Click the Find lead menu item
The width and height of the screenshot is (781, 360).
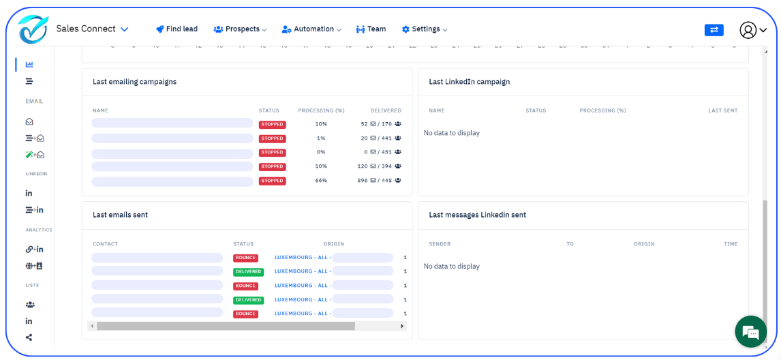point(177,29)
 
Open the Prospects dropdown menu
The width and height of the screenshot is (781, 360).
point(240,29)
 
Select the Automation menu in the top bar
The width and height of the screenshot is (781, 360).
point(311,29)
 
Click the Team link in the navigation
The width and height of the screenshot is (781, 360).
point(371,29)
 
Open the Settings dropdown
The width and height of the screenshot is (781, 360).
point(425,29)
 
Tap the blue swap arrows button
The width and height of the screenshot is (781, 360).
point(714,30)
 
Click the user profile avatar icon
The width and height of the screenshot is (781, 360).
point(748,30)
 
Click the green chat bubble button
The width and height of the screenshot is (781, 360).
point(751,332)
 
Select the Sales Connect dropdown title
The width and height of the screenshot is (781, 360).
point(92,29)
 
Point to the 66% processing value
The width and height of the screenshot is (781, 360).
point(321,181)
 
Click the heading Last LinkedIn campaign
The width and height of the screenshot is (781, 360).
point(469,82)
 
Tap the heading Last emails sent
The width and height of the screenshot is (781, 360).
point(120,215)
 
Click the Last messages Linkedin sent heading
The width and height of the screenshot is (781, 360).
point(477,215)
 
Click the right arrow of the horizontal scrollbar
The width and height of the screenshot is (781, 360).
point(402,326)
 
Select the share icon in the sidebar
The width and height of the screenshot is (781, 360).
point(29,337)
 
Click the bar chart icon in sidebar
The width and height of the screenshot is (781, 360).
point(29,65)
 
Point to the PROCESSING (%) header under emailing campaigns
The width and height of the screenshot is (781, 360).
point(321,110)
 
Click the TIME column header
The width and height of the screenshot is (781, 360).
point(731,244)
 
